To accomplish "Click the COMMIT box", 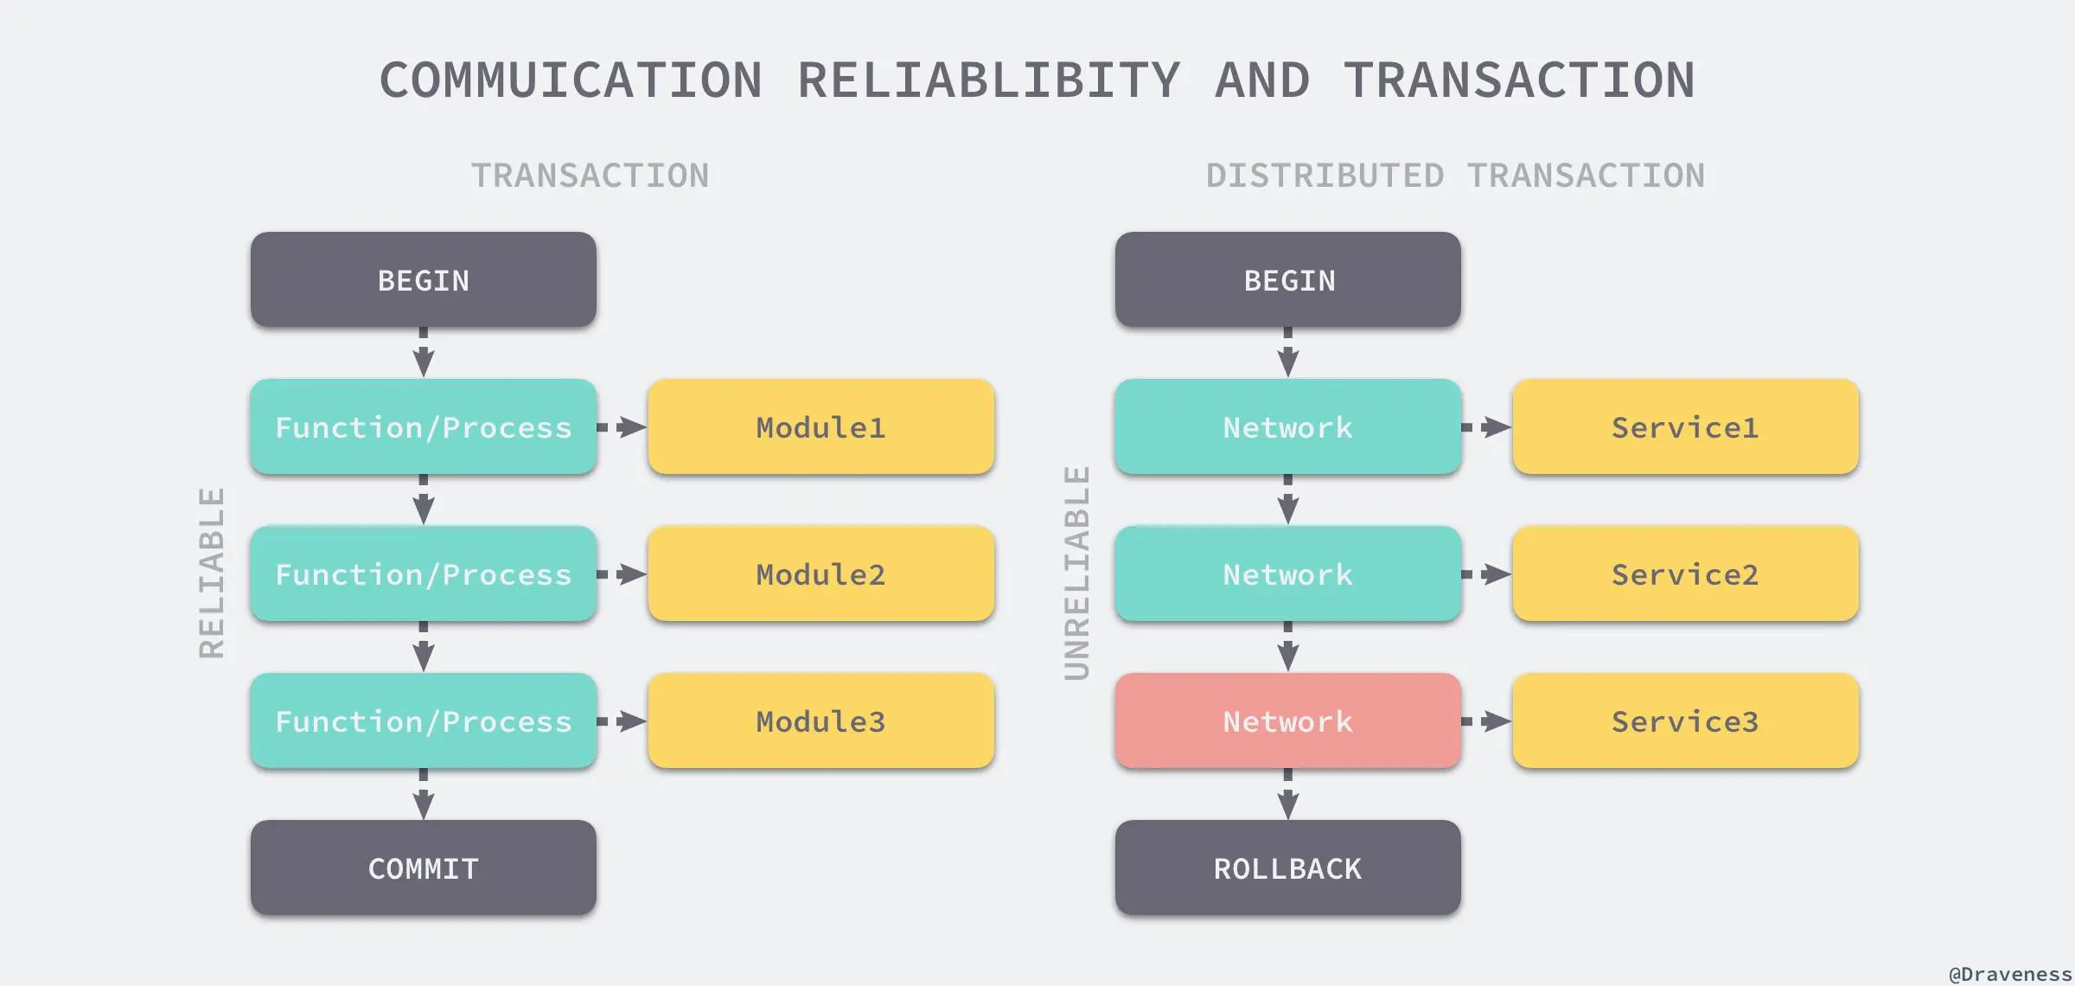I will coord(423,868).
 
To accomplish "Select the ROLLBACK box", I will coord(1287,868).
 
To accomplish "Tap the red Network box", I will coord(1287,720).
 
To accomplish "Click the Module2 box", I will coord(820,573).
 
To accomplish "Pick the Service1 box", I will coord(1685,426).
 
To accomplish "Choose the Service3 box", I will coord(1685,720).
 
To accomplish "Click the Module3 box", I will coord(820,720).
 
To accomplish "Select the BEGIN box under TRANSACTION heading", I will coord(423,279).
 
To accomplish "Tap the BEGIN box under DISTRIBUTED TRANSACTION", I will coord(1287,279).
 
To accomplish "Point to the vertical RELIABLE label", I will coord(212,573).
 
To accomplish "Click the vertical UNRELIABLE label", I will coord(1076,573).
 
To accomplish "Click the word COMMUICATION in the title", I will coord(571,80).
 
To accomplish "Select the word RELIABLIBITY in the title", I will coord(988,80).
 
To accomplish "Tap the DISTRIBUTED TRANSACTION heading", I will coord(1454,176).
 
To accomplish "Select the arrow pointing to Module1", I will coord(622,427).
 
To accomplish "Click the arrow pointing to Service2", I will coord(1487,574).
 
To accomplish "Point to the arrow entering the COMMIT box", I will coord(423,794).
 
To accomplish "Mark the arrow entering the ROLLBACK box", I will coord(1287,794).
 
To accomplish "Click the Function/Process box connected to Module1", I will coord(423,426).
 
